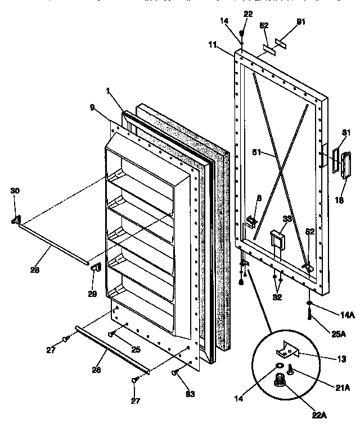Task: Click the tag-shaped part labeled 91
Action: coord(282,43)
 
